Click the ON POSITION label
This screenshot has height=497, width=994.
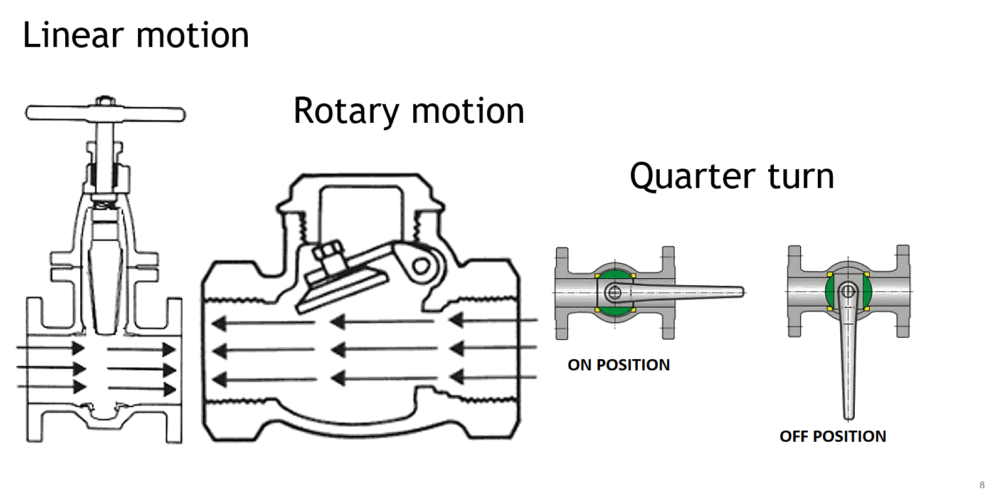(618, 365)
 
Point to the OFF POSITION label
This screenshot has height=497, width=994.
(832, 436)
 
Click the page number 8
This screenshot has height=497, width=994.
(981, 484)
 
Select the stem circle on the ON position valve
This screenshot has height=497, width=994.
(615, 292)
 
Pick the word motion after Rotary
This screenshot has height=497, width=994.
(468, 112)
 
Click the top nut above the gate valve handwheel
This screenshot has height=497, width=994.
(105, 100)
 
